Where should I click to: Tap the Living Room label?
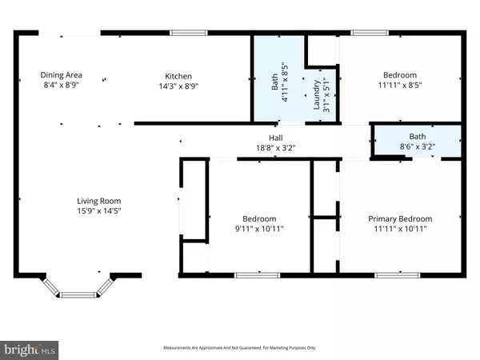tap(98, 201)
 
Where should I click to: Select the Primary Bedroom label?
tap(399, 219)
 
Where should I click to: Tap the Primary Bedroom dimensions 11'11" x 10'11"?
tap(399, 229)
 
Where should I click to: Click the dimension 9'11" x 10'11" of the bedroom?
tap(260, 229)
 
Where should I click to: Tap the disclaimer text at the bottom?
tap(239, 348)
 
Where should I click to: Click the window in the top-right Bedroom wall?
tap(366, 33)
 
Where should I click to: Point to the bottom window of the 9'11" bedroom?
tap(252, 275)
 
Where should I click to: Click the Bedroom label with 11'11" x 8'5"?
tap(398, 75)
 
